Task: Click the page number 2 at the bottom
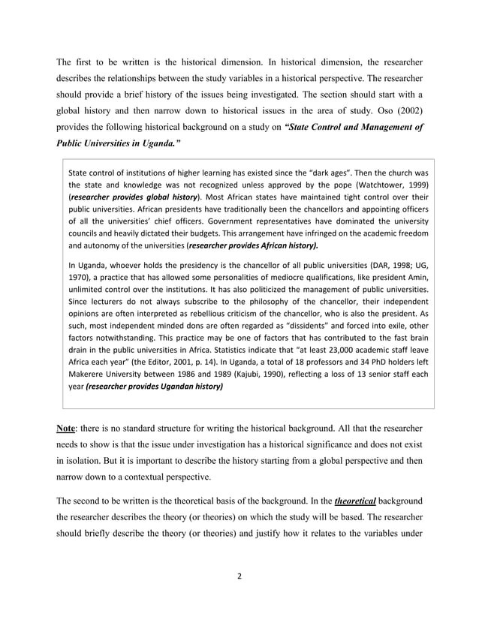[239, 576]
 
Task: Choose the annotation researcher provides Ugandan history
[155, 387]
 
